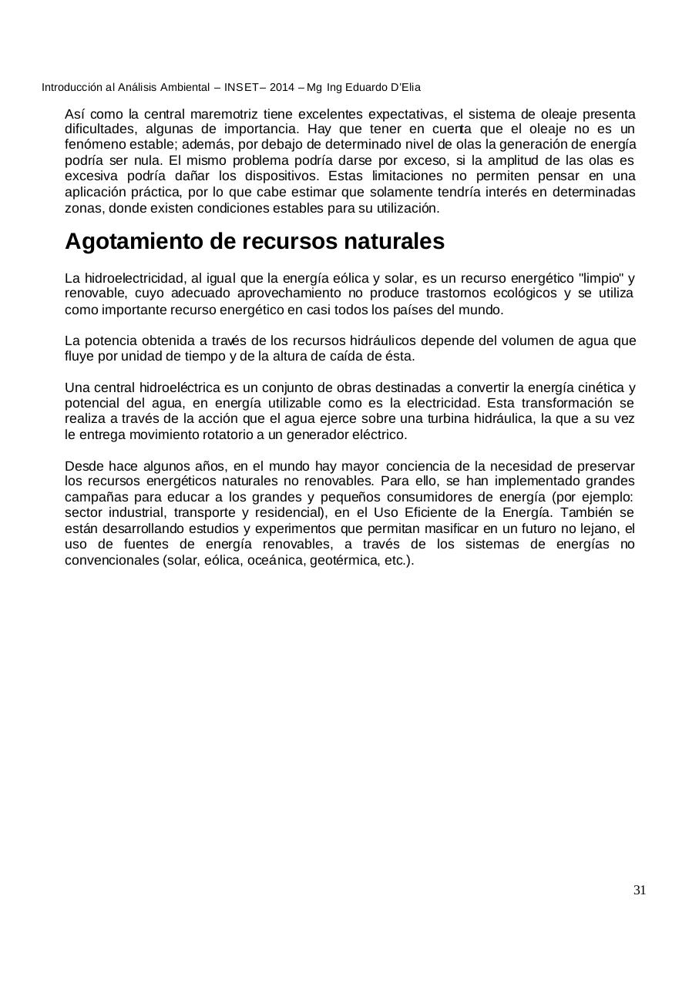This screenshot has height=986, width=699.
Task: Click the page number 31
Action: coord(639,890)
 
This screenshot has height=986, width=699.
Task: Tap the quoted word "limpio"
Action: coord(601,278)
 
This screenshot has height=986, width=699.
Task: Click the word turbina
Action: coord(439,418)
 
